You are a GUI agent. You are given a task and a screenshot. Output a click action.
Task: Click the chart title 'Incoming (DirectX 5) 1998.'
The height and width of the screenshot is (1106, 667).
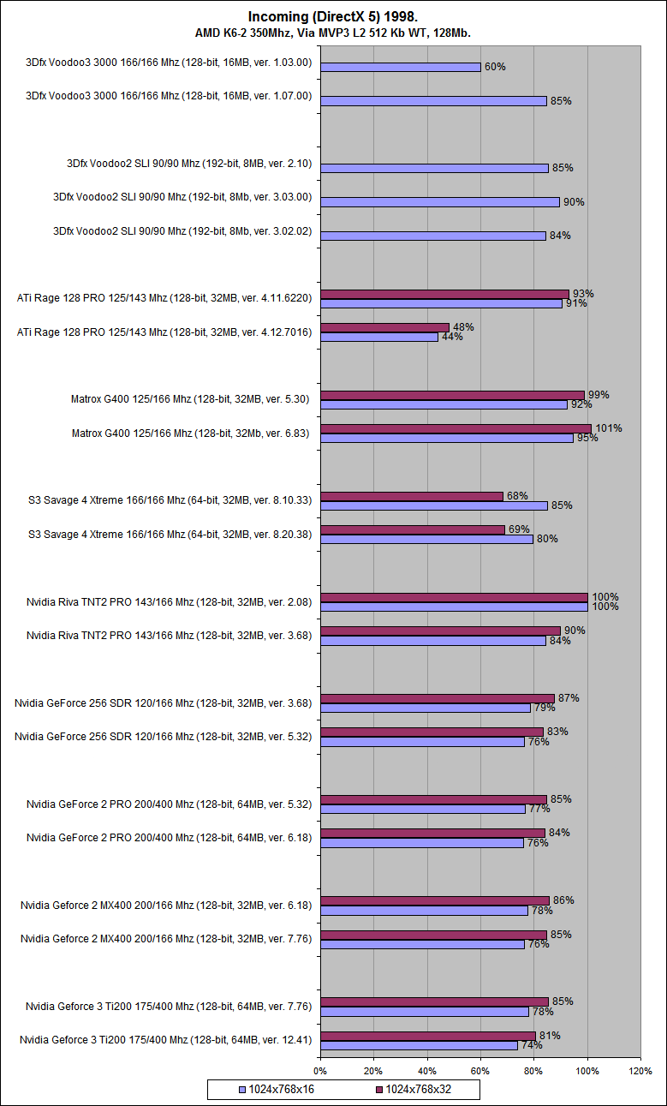click(x=333, y=16)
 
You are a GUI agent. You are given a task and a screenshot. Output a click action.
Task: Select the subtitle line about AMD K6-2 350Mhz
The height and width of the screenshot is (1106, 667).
click(x=333, y=33)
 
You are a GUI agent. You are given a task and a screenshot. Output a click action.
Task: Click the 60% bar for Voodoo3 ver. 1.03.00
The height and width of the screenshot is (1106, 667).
click(x=400, y=67)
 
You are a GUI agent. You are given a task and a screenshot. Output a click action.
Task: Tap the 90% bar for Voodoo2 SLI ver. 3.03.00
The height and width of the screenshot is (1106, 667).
click(x=439, y=202)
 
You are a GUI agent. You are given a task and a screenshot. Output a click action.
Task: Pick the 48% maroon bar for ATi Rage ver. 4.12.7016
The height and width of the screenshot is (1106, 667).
click(x=384, y=327)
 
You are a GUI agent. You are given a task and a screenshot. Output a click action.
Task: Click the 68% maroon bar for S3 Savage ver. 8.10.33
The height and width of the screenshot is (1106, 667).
click(x=411, y=496)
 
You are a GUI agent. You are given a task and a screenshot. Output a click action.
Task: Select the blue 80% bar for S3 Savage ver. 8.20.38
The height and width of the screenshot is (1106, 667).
click(x=426, y=539)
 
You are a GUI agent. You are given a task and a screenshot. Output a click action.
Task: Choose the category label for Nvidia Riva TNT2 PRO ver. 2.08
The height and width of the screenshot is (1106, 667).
click(x=168, y=602)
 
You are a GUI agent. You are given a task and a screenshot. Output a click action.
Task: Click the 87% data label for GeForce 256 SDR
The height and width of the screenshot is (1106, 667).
click(x=569, y=698)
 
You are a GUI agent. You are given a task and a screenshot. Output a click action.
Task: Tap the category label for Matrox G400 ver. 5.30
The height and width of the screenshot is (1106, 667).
click(x=190, y=399)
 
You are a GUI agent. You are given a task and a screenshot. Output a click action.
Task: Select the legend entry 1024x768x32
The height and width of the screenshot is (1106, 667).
click(x=420, y=1090)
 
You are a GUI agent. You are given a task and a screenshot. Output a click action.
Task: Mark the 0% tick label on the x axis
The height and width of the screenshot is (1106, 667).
click(x=320, y=1071)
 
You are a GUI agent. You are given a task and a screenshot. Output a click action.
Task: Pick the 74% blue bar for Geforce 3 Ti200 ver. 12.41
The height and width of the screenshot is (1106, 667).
click(x=419, y=1045)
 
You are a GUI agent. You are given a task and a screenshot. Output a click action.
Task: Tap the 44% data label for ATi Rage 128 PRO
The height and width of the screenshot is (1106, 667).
click(x=452, y=337)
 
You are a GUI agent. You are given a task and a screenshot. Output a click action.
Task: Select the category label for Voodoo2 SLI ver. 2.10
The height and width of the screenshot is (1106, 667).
click(x=188, y=163)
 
